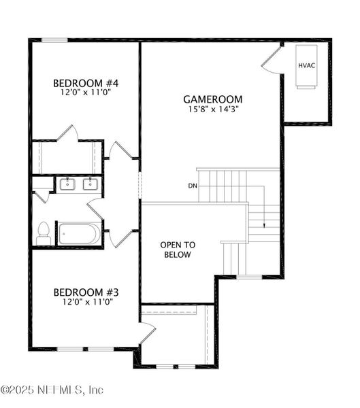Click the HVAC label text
[x=306, y=65]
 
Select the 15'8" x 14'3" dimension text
[x=213, y=108]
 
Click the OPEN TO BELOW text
[x=177, y=250]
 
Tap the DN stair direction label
[x=193, y=186]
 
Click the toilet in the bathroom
[x=44, y=233]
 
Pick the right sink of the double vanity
[x=90, y=184]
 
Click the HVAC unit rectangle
[x=306, y=66]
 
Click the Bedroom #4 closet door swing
[x=68, y=133]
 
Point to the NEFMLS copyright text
[x=52, y=390]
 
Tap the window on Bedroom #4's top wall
[x=56, y=40]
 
